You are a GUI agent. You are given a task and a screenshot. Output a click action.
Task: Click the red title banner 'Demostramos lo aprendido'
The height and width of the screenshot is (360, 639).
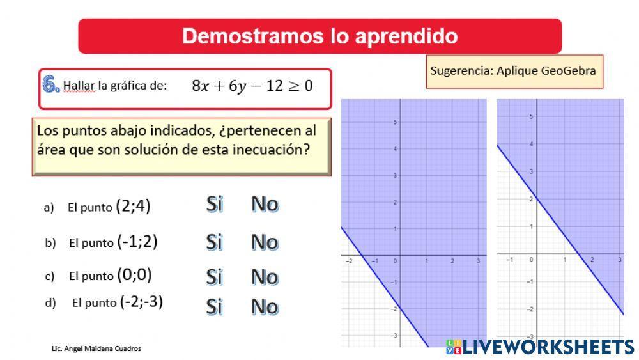(x=319, y=36)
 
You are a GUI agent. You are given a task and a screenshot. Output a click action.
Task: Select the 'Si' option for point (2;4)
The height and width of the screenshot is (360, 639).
(x=214, y=205)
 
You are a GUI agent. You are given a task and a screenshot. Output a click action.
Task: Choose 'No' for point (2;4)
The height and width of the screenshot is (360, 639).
(x=265, y=205)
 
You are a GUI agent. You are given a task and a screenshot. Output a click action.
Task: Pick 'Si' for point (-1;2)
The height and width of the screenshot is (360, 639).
(x=214, y=242)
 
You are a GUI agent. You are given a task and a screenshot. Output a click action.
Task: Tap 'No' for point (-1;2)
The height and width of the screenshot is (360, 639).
(x=265, y=242)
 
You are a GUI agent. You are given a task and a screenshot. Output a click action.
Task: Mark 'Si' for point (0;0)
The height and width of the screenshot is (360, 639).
(x=214, y=277)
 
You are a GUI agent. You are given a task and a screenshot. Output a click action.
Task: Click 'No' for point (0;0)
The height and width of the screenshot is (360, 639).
(x=265, y=277)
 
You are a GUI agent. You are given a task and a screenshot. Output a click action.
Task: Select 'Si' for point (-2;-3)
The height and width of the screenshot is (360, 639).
(x=214, y=307)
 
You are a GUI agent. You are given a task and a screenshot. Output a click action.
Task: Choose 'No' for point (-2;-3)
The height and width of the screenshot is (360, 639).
(x=265, y=307)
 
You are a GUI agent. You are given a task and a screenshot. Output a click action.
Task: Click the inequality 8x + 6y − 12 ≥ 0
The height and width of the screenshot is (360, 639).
(x=252, y=86)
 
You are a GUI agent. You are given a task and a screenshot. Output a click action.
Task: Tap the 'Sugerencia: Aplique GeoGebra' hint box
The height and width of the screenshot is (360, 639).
(x=514, y=71)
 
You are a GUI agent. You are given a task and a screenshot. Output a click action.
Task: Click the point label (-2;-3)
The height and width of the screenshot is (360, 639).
(x=141, y=301)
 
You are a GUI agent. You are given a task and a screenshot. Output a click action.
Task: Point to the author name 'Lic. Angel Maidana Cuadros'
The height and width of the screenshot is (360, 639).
(x=96, y=348)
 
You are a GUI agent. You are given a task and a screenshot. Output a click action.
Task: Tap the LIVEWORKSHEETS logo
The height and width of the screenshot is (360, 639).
(x=540, y=347)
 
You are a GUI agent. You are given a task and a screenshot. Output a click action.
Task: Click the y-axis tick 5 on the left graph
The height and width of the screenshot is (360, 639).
(x=396, y=122)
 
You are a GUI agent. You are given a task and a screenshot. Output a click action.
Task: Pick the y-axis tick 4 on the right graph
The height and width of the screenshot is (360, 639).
(x=530, y=144)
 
